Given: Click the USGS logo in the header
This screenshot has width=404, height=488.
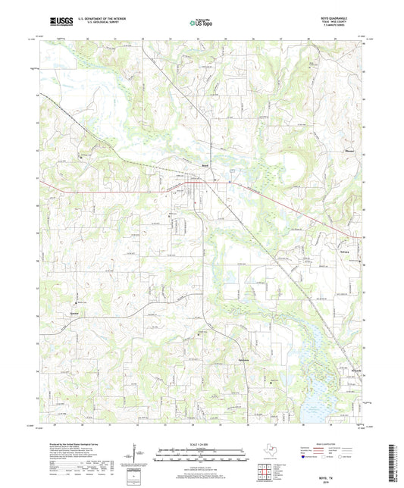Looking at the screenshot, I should pyautogui.click(x=57, y=22).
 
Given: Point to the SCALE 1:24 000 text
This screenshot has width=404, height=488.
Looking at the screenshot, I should pyautogui.click(x=202, y=445).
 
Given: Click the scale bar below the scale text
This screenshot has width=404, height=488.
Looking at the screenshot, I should pyautogui.click(x=202, y=455).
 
